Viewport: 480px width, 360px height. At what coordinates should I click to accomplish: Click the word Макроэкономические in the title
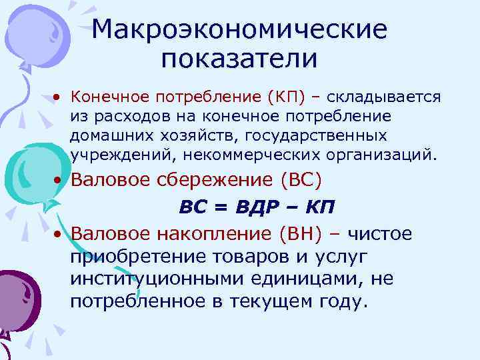pos(239,29)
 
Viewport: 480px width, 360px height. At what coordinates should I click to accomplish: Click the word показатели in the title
pos(239,59)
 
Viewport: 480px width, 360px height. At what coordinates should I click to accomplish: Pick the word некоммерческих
pos(259,156)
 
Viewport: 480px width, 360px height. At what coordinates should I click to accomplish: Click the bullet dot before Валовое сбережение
pos(59,181)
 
